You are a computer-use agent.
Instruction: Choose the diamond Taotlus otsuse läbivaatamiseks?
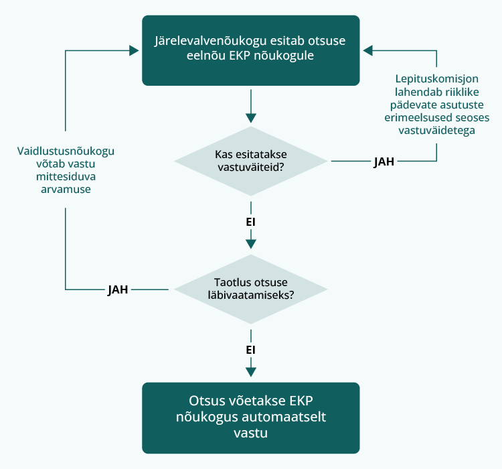point(250,289)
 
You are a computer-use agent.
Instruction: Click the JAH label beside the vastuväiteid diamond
point(384,161)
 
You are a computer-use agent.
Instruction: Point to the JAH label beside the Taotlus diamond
point(118,289)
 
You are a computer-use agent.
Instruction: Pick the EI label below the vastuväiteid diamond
point(251,220)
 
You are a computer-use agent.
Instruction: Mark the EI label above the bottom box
point(251,349)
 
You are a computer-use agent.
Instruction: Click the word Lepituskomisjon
point(436,80)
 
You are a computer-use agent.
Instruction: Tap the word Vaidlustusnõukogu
point(66,151)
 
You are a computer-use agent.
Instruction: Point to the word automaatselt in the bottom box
point(289,417)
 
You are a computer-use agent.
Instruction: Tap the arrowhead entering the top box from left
point(136,50)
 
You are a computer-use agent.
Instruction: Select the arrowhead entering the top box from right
point(366,50)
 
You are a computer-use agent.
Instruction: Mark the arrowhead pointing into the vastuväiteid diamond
point(251,117)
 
